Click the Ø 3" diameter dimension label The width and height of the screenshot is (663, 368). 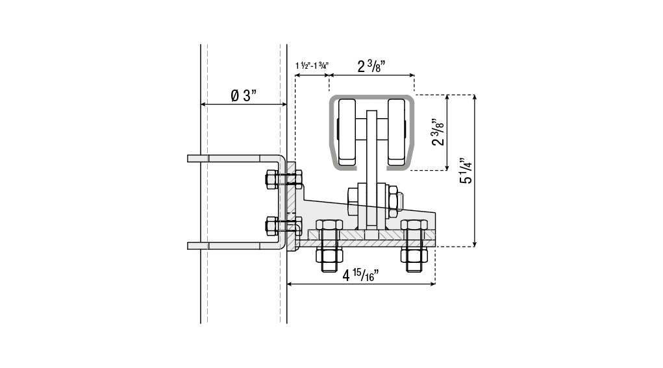(x=244, y=95)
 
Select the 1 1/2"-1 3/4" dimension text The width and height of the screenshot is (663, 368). (x=312, y=66)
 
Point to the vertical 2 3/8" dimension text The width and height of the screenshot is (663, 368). (x=438, y=132)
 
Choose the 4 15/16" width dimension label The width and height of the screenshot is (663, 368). (x=360, y=275)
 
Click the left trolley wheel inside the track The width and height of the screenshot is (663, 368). (x=347, y=132)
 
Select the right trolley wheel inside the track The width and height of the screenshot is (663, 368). (x=397, y=132)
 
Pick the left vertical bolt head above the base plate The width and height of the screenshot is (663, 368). (x=329, y=225)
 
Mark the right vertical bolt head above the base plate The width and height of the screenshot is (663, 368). (x=414, y=225)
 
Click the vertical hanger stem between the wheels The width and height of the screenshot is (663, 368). (x=371, y=169)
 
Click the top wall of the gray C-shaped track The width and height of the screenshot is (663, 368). (x=371, y=97)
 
